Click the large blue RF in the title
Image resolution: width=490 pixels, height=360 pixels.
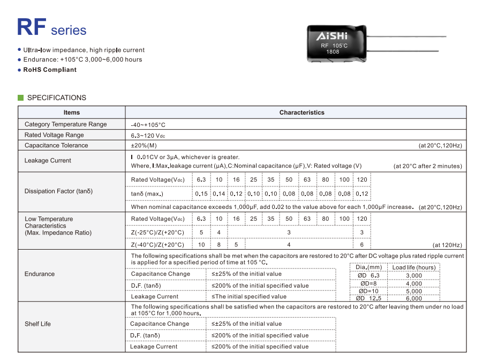32,27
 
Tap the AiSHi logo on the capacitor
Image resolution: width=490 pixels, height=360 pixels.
332,36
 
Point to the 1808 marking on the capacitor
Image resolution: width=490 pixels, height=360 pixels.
333,52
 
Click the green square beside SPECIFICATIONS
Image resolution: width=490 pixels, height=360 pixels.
21,97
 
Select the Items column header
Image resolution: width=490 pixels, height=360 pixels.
71,112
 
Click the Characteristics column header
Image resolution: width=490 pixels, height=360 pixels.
301,112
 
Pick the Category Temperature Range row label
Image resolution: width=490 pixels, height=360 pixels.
65,124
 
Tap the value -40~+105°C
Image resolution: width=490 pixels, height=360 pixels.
148,125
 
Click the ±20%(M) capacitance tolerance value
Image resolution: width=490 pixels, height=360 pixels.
144,146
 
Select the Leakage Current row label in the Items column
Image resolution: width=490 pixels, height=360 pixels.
48,160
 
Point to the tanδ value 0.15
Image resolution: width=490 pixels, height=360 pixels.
201,194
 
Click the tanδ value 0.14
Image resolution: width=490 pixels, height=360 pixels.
219,194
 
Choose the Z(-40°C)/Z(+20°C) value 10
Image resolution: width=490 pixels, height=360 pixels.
201,245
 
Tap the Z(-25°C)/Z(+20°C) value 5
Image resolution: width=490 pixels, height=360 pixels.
201,232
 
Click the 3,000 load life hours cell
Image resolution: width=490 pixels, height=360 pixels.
414,275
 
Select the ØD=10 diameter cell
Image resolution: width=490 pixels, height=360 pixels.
368,291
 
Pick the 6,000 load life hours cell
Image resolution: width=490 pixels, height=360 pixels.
414,298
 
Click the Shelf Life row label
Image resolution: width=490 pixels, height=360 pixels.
37,324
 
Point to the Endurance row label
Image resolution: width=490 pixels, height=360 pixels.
40,274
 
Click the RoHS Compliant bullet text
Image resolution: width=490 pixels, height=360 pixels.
50,70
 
